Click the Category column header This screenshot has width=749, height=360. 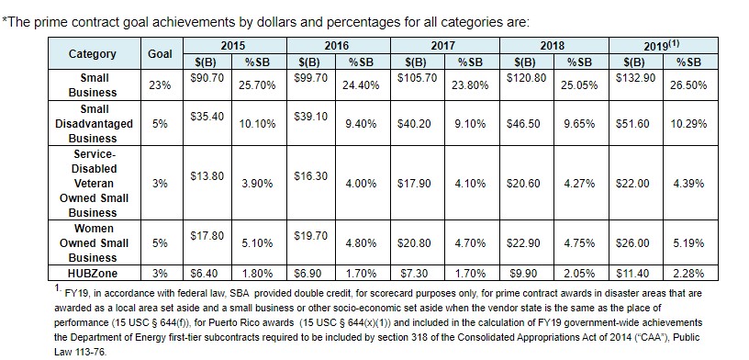click(92, 53)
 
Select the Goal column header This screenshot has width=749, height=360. click(160, 53)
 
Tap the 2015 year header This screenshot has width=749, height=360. click(232, 46)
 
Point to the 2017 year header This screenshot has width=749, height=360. click(442, 46)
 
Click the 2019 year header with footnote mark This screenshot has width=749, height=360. click(661, 45)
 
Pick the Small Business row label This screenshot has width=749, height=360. click(92, 85)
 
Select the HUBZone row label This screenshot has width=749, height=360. click(93, 274)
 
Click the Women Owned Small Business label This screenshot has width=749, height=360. click(94, 242)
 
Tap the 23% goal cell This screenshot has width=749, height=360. click(160, 85)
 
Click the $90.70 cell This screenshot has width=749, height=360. click(207, 78)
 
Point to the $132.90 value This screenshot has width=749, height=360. click(635, 78)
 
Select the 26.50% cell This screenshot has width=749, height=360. click(688, 85)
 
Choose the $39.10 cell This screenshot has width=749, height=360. click(311, 117)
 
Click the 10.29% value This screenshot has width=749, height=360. click(688, 124)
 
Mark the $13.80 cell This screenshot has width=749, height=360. click(207, 176)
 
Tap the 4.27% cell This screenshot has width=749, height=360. click(579, 184)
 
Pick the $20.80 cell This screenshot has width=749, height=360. click(414, 243)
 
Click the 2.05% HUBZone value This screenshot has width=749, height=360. click(579, 274)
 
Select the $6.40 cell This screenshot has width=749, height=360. click(205, 274)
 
